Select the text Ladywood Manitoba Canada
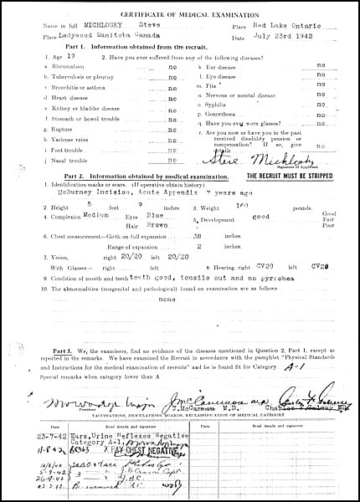(x=99, y=38)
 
